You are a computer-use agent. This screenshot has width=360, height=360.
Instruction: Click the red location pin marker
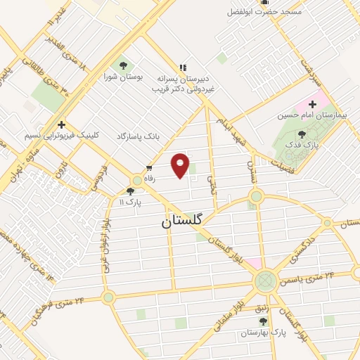[181, 165]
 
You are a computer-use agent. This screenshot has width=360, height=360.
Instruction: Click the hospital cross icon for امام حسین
[312, 105]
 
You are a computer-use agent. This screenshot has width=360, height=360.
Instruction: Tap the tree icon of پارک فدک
[302, 134]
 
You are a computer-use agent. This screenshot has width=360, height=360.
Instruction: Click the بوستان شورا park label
[123, 77]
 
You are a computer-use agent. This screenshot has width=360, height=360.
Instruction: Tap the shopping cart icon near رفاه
[149, 167]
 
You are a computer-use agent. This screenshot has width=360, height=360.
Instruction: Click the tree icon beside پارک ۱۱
[130, 190]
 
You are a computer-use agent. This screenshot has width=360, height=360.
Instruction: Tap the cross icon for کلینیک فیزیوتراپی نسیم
[62, 123]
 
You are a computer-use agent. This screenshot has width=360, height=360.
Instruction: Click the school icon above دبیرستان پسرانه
[183, 67]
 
